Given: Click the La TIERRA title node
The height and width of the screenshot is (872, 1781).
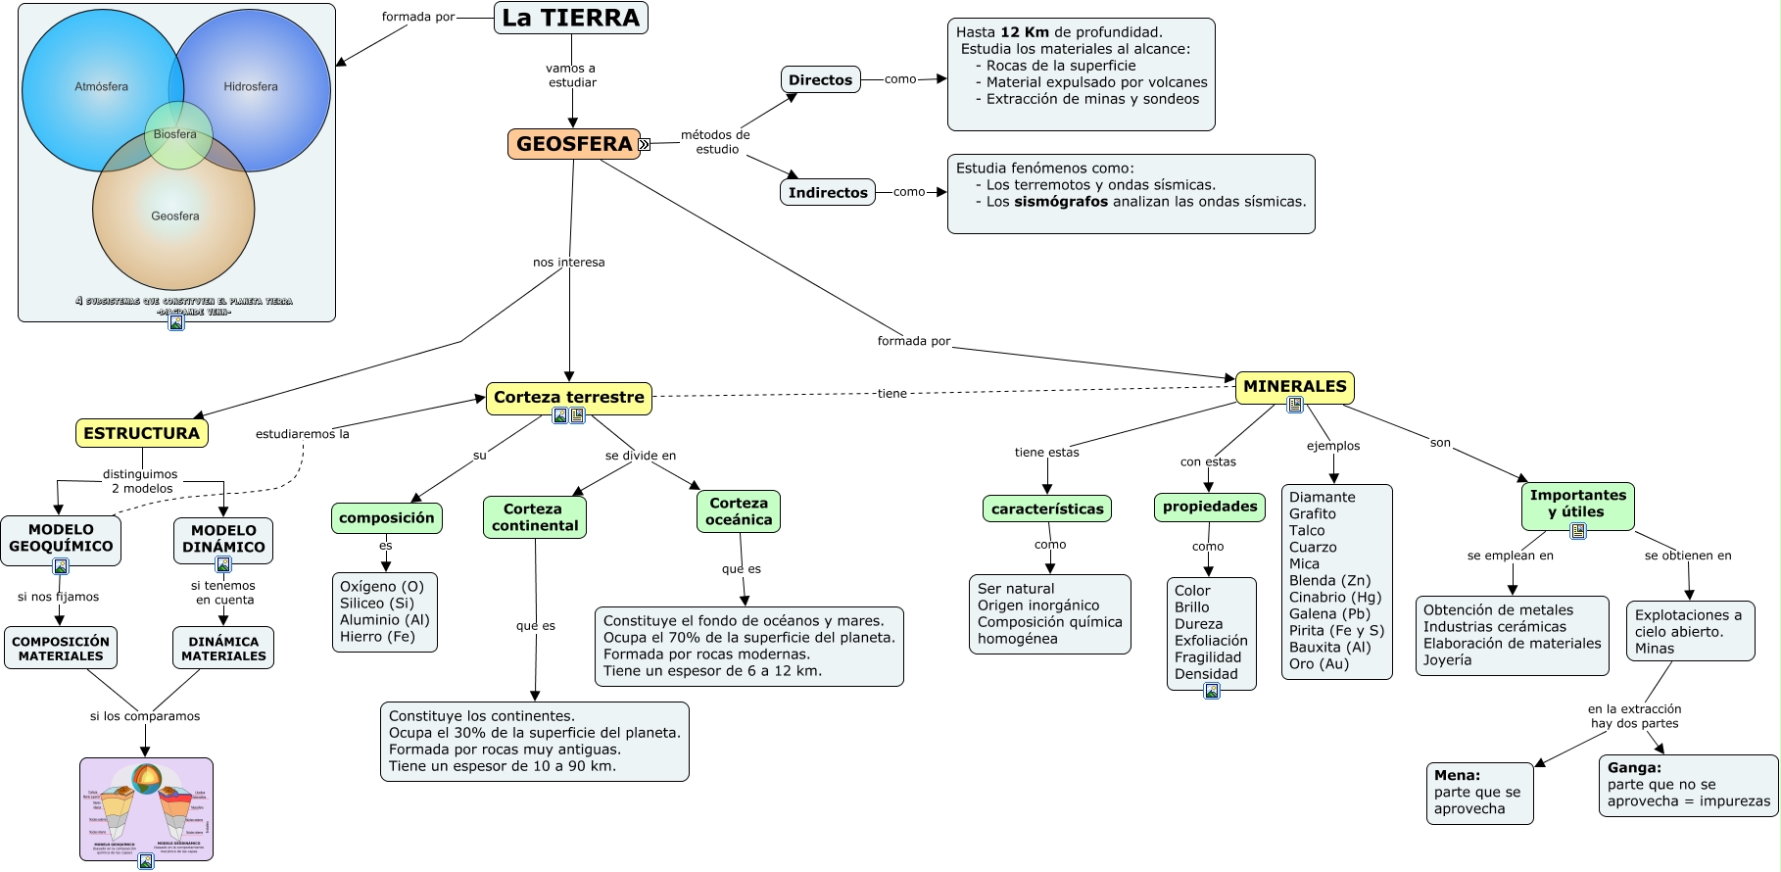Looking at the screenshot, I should [x=570, y=18].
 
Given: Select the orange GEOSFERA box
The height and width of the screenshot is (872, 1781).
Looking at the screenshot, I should [x=573, y=144].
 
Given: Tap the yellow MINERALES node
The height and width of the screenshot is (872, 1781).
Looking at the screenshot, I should [x=1294, y=386].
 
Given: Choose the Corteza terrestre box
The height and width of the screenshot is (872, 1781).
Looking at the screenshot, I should [x=568, y=397].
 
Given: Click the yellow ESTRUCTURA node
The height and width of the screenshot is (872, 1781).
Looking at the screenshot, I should [x=141, y=433].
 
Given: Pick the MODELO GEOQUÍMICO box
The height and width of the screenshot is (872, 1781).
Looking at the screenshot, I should [x=61, y=539].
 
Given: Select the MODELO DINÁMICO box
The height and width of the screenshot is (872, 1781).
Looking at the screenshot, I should [x=223, y=539].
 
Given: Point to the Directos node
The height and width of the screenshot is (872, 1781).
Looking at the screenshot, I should [x=820, y=80].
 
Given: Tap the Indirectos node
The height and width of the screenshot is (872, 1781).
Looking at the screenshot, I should [x=828, y=193].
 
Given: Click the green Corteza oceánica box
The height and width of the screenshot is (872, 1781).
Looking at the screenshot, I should [x=739, y=511].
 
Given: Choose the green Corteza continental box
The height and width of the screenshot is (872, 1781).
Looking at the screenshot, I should [x=535, y=517].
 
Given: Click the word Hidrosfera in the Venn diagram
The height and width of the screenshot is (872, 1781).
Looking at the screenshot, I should [x=251, y=87].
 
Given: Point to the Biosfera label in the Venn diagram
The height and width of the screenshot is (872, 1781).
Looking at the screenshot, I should [x=175, y=134].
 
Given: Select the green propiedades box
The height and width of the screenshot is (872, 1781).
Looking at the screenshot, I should [x=1210, y=507].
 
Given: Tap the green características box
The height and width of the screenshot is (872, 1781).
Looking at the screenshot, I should [x=1047, y=509].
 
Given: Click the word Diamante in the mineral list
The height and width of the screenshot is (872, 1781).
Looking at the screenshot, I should [x=1322, y=498].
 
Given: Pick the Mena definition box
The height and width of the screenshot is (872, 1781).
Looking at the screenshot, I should [x=1479, y=793].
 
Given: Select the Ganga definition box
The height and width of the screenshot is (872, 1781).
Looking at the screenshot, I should [x=1688, y=785].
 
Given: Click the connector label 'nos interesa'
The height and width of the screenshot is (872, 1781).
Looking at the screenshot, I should [x=568, y=263].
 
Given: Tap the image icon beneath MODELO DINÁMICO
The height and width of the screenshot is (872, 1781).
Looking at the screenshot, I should [x=223, y=564].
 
